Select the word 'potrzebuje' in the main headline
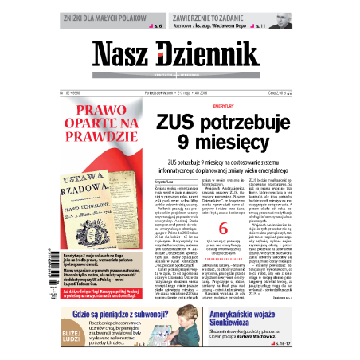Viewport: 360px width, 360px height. tap(252, 123)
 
